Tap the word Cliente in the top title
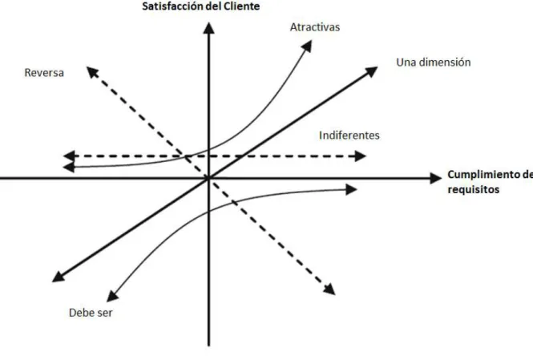coord(243,6)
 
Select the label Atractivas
coord(315,27)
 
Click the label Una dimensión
coord(434,63)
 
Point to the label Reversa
coord(44,73)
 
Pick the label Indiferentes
coord(349,136)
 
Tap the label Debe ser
coord(91,313)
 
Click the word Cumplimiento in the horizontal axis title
coord(482,175)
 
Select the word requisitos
coord(474,189)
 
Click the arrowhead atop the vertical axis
coord(208,28)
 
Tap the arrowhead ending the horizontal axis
coord(435,178)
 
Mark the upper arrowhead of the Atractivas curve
coord(307,46)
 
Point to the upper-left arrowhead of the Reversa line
coord(92,72)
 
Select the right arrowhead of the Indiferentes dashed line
coord(361,156)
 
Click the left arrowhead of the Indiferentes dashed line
coord(69,156)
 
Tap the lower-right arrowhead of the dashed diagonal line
coord(329,289)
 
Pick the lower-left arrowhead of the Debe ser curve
coord(112,296)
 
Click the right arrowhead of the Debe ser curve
coord(351,190)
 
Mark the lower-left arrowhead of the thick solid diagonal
coord(58,277)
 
